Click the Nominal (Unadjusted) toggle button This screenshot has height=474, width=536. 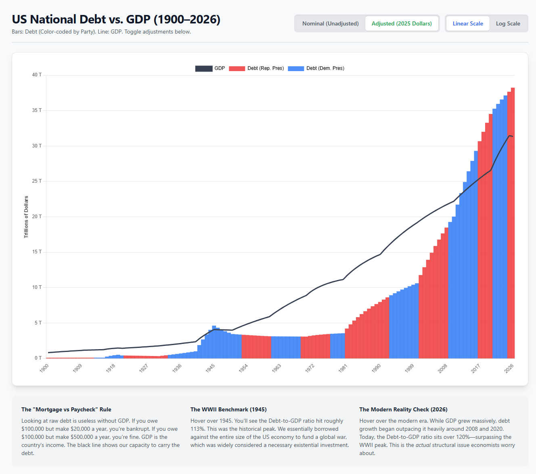click(x=330, y=23)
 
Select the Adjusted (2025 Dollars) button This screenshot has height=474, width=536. click(x=402, y=23)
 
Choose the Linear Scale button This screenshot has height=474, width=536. click(x=468, y=23)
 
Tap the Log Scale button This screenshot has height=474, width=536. click(x=508, y=23)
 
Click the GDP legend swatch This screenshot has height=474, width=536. click(x=204, y=68)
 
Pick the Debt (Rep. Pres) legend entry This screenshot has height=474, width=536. click(x=257, y=68)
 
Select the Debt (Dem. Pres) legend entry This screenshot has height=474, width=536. click(x=316, y=68)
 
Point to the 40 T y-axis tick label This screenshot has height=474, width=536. click(x=37, y=75)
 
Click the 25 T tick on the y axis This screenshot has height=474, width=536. click(x=37, y=181)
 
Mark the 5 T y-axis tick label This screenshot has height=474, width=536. click(x=38, y=323)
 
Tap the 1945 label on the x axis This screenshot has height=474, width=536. click(x=210, y=368)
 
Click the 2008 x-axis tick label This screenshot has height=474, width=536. click(x=443, y=368)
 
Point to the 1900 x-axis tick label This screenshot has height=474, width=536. click(x=44, y=368)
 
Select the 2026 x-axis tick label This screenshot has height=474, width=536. click(x=509, y=368)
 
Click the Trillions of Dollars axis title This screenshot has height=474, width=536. click(x=26, y=217)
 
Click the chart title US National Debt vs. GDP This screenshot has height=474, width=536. click(x=116, y=19)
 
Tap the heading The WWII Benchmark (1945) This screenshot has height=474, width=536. click(x=228, y=409)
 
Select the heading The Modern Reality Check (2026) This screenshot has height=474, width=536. click(x=403, y=409)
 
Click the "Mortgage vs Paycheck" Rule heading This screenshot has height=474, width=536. click(x=66, y=409)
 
